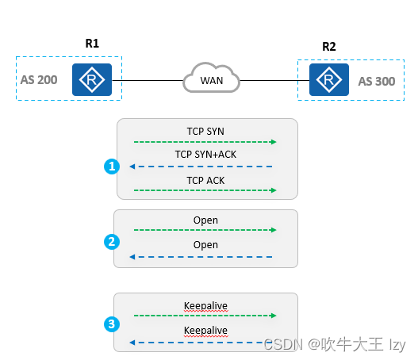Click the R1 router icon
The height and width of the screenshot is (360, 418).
point(92,79)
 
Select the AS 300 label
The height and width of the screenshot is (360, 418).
point(376,81)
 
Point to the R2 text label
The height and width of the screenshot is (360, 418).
point(328,46)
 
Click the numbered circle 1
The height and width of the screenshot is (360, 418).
point(112,167)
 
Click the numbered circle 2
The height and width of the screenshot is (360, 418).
point(112,242)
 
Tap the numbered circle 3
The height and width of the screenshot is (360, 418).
point(112,324)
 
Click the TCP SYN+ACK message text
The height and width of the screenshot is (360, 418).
point(205,155)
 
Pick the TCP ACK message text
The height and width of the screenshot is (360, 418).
point(205,180)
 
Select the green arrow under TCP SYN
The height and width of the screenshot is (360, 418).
point(205,142)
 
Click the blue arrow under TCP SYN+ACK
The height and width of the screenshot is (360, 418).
point(201,167)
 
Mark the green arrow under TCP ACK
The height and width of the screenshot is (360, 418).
point(205,191)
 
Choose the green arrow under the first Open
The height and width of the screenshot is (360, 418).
point(205,231)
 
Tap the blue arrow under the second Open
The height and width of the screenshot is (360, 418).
point(201,257)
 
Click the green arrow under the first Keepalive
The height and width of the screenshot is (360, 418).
point(205,316)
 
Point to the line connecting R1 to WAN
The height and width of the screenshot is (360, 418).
point(147,80)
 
